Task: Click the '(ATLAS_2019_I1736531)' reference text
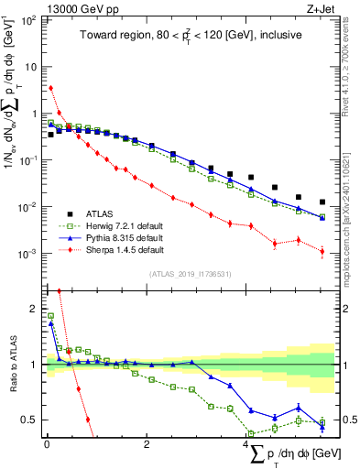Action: point(191,273)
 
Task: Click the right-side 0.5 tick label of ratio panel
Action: point(348,420)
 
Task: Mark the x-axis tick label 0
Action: point(46,443)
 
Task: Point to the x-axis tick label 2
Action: point(147,443)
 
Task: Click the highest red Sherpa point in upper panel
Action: point(50,88)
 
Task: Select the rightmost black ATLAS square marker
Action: point(322,202)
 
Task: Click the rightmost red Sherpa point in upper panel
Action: point(322,251)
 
